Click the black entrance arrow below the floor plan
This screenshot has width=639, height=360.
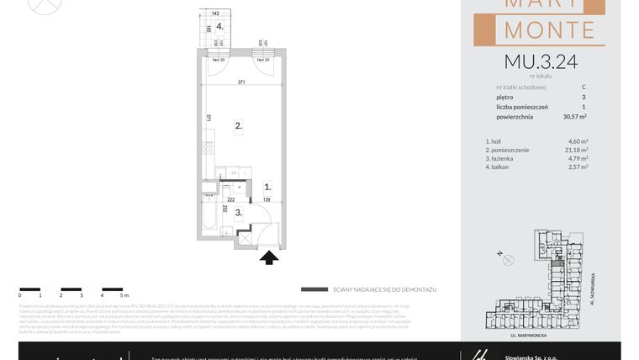point(269,257)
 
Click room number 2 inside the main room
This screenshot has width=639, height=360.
point(239,126)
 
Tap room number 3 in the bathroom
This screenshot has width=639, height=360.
point(238,213)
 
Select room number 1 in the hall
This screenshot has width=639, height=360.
point(267,188)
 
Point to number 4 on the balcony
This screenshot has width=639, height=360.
point(219,26)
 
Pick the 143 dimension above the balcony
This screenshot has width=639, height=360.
point(215,13)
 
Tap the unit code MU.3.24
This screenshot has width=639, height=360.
point(541,61)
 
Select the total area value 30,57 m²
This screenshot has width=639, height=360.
point(575,117)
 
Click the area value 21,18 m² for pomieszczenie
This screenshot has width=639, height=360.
point(576,150)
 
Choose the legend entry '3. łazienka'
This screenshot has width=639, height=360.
point(503,158)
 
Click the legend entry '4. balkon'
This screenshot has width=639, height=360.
point(500,167)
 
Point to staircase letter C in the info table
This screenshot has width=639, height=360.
point(584,87)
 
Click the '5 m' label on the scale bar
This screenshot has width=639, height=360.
point(123,295)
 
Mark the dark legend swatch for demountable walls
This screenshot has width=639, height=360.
point(314,289)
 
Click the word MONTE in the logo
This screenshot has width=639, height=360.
point(550,30)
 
